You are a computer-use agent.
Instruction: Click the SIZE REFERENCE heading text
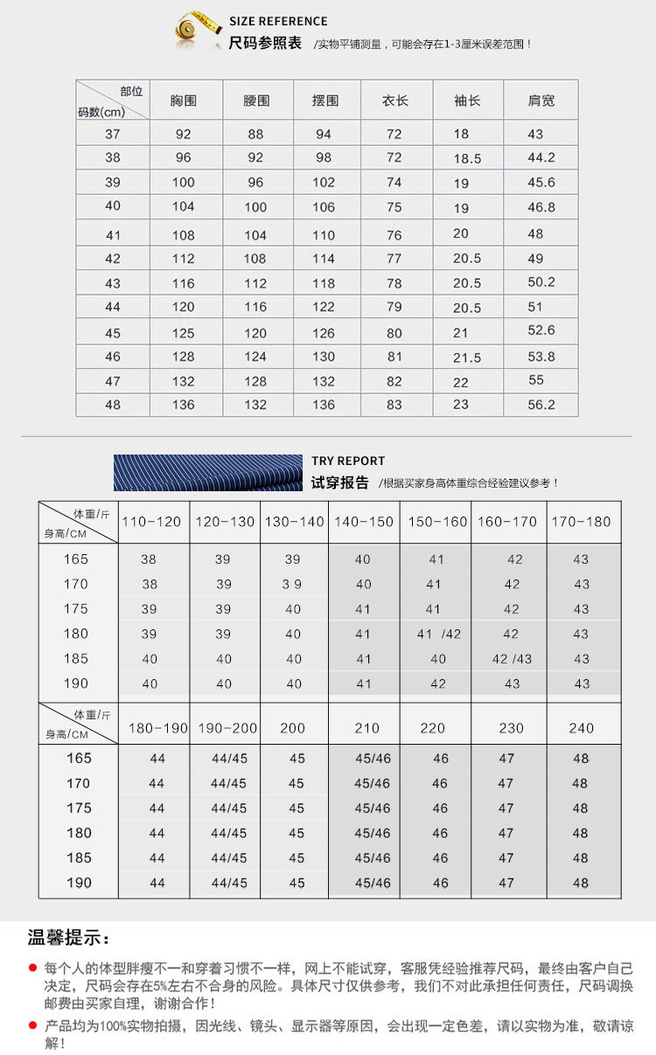278,21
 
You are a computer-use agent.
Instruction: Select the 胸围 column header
184,101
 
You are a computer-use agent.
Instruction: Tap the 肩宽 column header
541,101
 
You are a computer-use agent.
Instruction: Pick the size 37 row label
113,134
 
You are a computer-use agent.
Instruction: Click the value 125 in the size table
183,333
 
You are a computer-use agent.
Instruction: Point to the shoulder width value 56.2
541,405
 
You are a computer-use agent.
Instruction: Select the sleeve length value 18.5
467,158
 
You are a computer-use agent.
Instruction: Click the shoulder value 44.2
541,158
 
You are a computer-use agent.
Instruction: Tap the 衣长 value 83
394,405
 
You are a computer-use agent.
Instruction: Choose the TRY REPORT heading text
348,461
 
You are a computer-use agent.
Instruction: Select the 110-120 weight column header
151,522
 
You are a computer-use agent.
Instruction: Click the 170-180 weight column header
581,522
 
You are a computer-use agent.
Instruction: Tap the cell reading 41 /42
439,635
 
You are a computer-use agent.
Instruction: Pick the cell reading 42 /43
512,659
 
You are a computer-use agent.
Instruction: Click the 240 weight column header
581,728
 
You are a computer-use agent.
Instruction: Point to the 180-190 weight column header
158,728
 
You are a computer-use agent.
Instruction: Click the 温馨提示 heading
69,939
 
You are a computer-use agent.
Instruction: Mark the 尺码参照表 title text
264,42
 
